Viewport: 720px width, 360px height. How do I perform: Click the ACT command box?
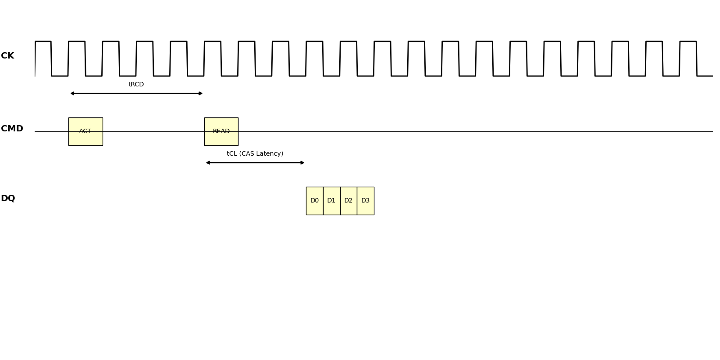click(85, 131)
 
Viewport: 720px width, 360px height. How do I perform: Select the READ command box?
click(221, 131)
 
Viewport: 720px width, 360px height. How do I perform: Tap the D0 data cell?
click(315, 201)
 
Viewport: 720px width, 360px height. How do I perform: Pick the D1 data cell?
click(332, 201)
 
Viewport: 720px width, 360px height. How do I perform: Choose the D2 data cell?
click(348, 201)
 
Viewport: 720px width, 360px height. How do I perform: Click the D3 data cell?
click(365, 201)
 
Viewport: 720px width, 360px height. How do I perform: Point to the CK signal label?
click(8, 56)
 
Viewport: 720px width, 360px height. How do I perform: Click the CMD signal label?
click(12, 129)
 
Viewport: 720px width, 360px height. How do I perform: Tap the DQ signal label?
click(8, 198)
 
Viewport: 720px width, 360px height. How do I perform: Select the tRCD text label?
click(136, 85)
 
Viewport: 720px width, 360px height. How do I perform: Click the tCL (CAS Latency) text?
click(255, 154)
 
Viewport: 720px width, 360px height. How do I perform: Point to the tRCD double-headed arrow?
click(136, 94)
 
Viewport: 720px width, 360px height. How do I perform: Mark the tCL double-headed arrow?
click(255, 163)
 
